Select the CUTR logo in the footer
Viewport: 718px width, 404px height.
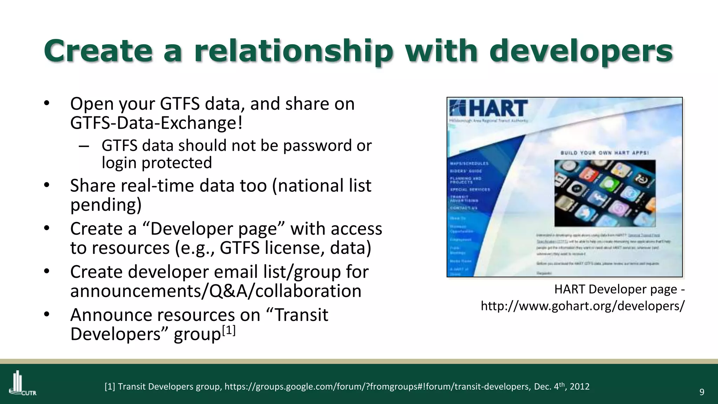[22, 383]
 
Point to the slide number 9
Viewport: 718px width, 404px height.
[702, 392]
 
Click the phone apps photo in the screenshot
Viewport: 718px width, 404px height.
[605, 193]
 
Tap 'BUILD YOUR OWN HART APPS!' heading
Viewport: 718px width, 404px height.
[605, 153]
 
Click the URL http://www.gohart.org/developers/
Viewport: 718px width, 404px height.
[582, 306]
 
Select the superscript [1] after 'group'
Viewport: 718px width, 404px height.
[229, 330]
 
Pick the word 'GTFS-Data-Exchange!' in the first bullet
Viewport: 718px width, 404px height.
[156, 123]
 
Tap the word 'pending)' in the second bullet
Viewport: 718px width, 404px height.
[106, 205]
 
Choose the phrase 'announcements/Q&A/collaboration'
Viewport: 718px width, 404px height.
[216, 291]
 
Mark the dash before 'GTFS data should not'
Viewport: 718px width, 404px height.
[83, 146]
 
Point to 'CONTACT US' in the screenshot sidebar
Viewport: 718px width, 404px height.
[463, 208]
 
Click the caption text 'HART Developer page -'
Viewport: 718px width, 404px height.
[619, 289]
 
